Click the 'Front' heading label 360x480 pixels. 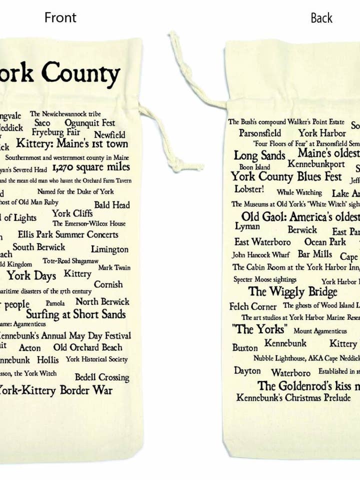60,17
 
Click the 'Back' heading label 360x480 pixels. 321,18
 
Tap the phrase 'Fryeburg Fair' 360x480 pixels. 56,132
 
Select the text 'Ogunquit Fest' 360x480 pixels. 89,122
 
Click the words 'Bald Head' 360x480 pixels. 111,204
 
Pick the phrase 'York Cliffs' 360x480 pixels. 72,213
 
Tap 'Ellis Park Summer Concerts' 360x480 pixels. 68,234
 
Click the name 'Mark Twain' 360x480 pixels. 114,267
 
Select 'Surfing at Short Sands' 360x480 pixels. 75,314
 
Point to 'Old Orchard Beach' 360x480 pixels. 87,347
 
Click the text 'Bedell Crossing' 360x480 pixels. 102,377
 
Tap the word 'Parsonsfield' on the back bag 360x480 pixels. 259,133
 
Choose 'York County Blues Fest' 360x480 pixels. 286,176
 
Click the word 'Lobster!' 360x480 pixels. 249,189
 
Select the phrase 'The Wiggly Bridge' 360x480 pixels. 292,291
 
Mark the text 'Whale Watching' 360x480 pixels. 299,192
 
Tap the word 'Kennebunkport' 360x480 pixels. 316,164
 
